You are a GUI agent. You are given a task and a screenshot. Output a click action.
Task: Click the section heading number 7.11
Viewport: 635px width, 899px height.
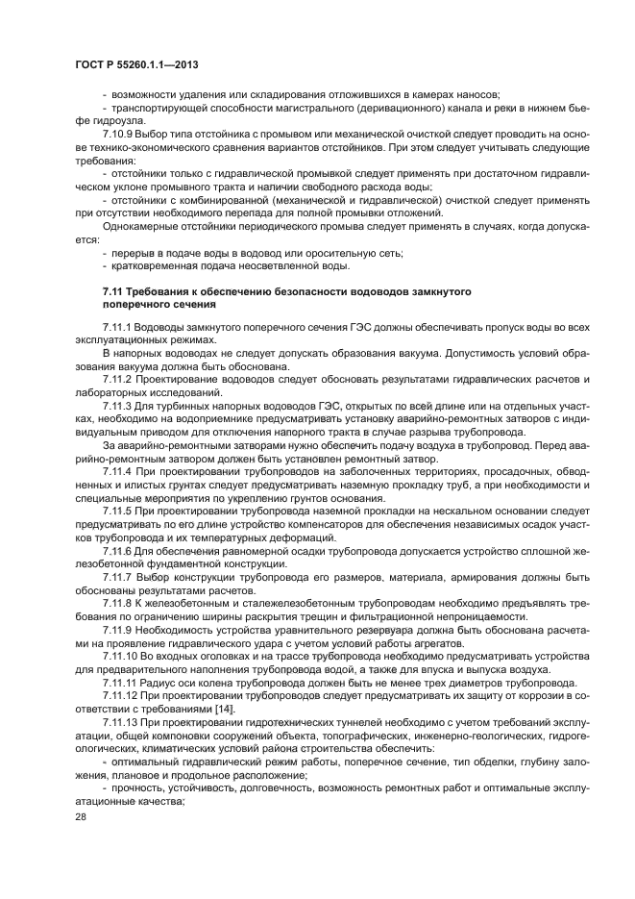coord(113,290)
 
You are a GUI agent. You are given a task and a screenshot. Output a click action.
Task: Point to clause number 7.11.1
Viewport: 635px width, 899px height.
coord(117,329)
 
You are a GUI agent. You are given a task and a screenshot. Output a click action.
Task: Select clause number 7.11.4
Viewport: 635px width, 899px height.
coord(117,469)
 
